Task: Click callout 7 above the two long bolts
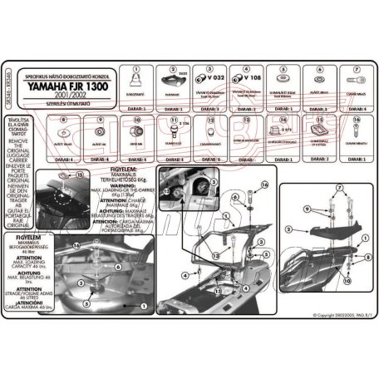(340, 189)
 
